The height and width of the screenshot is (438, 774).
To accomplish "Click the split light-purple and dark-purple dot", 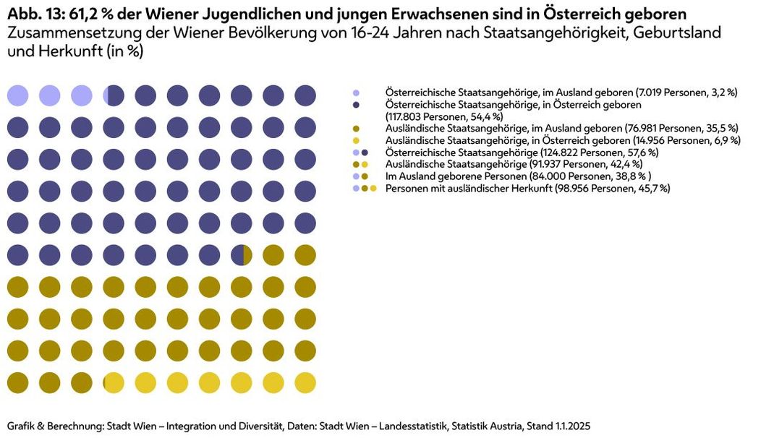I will [x=114, y=95].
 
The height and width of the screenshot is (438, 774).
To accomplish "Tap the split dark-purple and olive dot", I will [x=242, y=255].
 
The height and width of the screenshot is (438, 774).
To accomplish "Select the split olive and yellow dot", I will [x=114, y=382].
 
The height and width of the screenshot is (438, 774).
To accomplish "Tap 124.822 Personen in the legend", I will [x=578, y=153].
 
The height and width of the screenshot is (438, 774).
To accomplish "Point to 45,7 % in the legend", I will [x=655, y=189].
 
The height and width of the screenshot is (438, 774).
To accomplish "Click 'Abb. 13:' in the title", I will [x=33, y=14].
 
